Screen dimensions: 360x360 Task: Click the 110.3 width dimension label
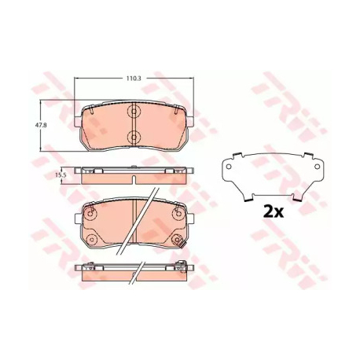(x=134, y=79)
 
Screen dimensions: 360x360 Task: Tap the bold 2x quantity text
(x=274, y=212)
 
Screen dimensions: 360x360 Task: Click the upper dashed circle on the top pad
(x=134, y=112)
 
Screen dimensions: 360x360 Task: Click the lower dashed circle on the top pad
(x=134, y=137)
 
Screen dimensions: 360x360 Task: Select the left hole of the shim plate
(x=229, y=166)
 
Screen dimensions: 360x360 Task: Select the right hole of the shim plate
(x=317, y=166)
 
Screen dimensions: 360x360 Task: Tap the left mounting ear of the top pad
(x=78, y=121)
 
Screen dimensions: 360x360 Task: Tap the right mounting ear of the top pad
(x=190, y=121)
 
